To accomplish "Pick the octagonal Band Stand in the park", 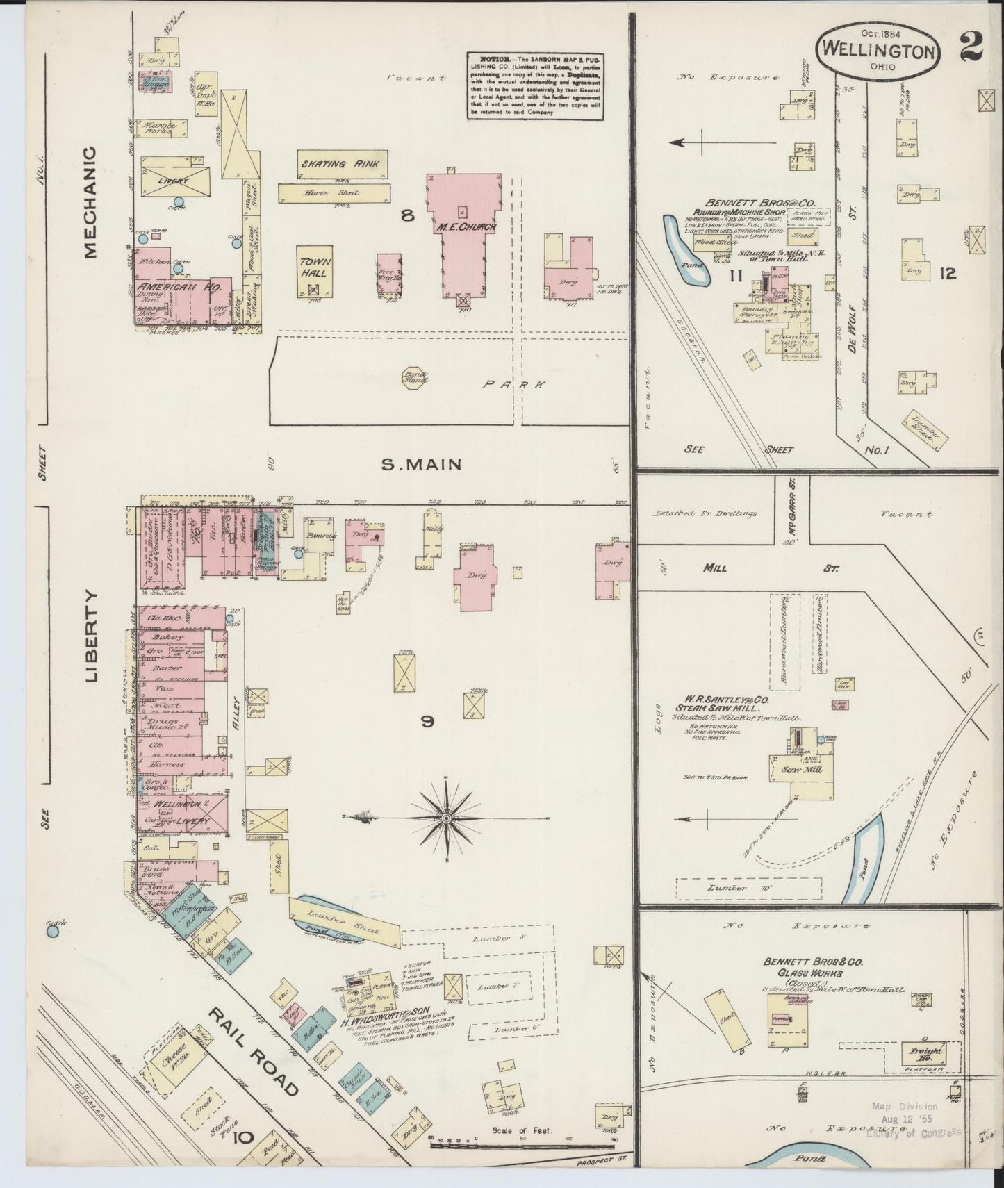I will [416, 377].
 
